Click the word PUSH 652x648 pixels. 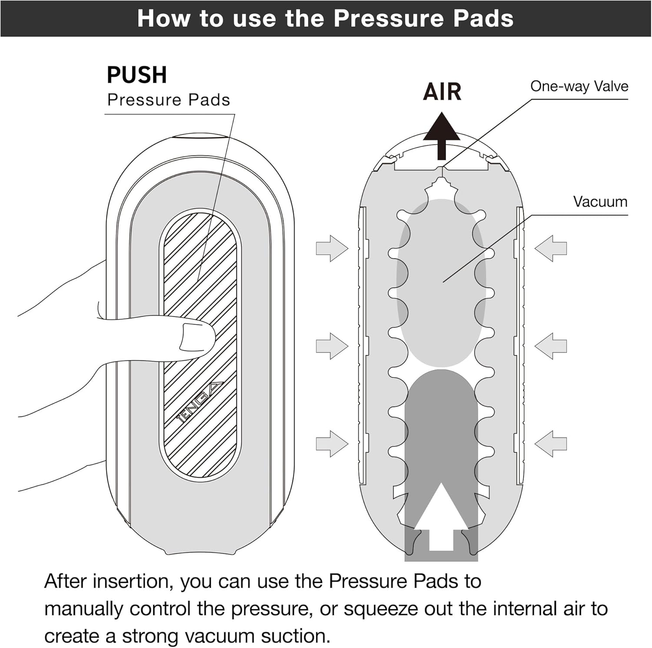(x=136, y=75)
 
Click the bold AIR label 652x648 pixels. (x=442, y=92)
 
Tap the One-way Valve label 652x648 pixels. (x=579, y=86)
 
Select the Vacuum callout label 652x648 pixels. (x=600, y=202)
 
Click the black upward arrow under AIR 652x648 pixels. (x=442, y=135)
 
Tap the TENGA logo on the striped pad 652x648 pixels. (x=200, y=402)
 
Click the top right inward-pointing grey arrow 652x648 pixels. (x=551, y=248)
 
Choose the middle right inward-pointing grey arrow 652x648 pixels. (x=551, y=346)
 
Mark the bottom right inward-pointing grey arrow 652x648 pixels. (x=551, y=443)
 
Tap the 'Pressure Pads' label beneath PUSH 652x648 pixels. (x=169, y=100)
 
